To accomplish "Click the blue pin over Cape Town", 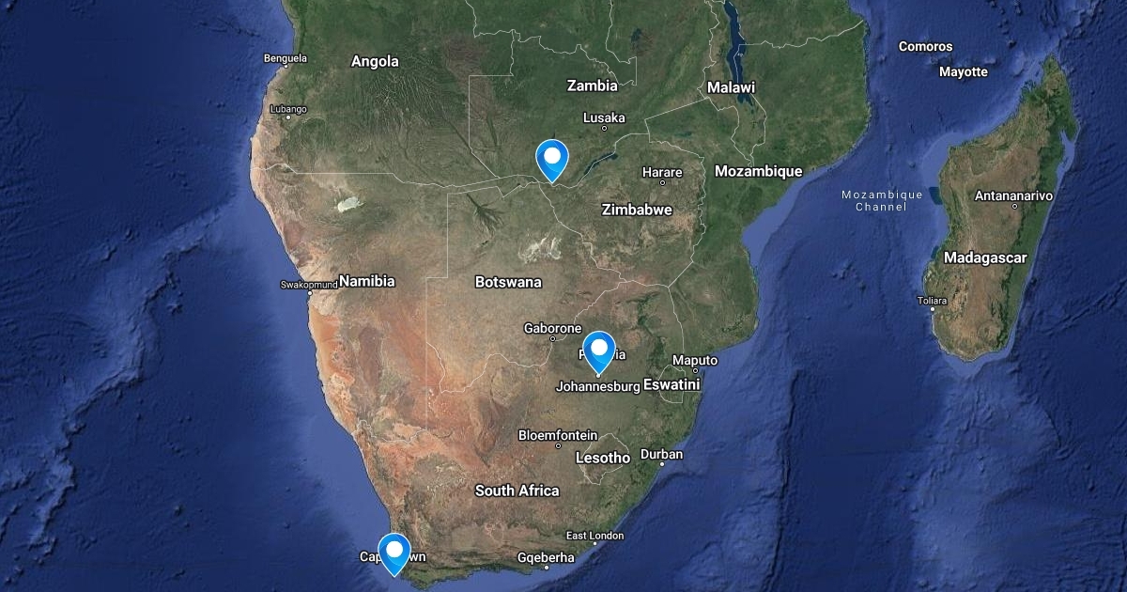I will click(394, 551).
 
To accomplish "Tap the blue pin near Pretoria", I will click(598, 351).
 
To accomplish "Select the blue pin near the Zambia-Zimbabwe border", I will click(551, 157).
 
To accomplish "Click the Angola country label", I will click(375, 62).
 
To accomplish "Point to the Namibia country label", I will click(367, 281).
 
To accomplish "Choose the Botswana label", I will click(508, 282).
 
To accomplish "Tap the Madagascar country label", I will click(985, 257).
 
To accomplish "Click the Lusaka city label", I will click(604, 117).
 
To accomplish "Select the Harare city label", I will click(662, 173).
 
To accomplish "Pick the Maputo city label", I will click(695, 361).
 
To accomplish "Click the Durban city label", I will click(661, 455).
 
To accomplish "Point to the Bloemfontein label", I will click(558, 435).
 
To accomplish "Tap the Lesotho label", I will click(602, 459).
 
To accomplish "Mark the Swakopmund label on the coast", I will click(308, 284).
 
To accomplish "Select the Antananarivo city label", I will click(1013, 195).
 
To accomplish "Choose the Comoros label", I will click(925, 46).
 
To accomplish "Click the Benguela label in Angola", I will click(286, 58).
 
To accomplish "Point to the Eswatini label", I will click(672, 384).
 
